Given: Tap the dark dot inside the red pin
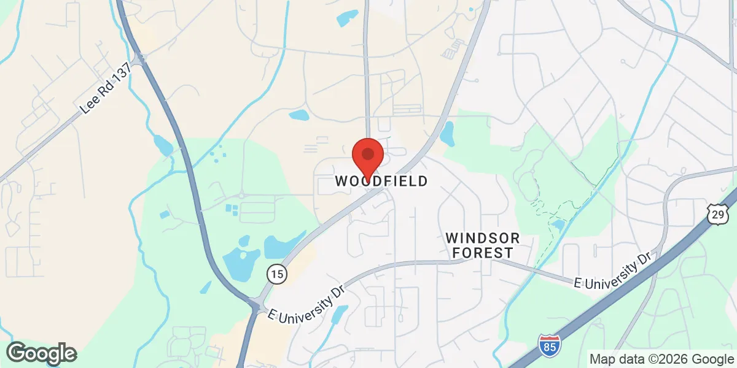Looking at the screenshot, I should point(368,154).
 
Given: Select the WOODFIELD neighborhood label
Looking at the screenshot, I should point(381,181).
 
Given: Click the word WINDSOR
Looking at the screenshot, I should point(483,237).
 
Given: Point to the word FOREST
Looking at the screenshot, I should point(483,253).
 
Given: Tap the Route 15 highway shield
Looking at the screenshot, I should point(277,274).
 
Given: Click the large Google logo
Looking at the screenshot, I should point(42,353).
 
